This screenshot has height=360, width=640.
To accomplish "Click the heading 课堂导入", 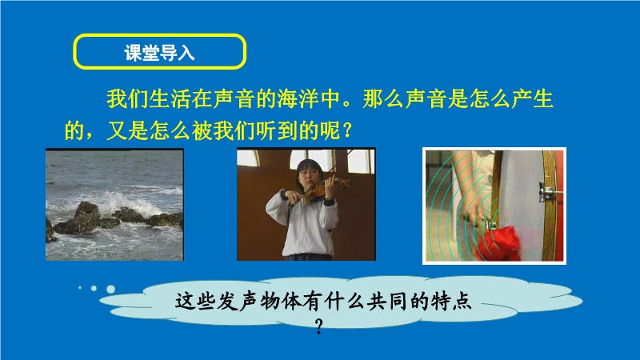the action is pos(159,53).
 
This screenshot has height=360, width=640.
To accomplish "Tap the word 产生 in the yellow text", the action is pos(532,98).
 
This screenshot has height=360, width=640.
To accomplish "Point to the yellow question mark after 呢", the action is pos(347,130).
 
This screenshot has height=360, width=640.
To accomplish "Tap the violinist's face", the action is pos(308,174).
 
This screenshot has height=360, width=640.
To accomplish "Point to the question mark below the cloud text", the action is pos(319,326).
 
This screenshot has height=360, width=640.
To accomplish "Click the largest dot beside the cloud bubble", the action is pos(110,289).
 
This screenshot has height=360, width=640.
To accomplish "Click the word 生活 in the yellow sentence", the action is pos(170,98).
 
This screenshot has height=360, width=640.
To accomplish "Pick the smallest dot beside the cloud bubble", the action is pos(80,288).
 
